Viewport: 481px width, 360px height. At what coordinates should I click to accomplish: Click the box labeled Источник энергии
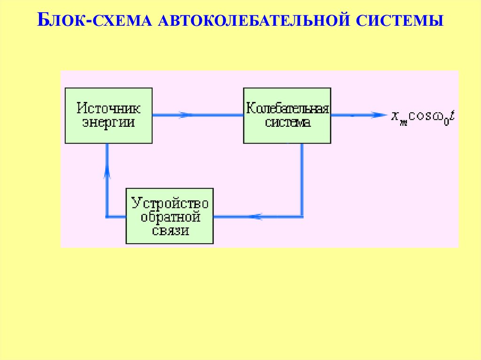109,115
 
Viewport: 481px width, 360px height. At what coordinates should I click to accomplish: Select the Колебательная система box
287,115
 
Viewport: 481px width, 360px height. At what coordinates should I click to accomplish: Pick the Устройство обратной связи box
170,215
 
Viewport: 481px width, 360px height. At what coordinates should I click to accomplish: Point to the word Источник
109,108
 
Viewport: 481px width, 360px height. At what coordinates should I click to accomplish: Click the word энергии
109,123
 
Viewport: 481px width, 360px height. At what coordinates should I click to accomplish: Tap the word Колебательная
287,109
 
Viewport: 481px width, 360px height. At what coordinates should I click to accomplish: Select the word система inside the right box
287,123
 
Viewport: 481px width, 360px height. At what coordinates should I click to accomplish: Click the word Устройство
170,204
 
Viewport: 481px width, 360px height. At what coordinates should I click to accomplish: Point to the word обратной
170,217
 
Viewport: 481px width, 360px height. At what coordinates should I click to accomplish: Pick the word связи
170,230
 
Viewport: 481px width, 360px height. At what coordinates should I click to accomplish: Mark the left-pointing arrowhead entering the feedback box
256,217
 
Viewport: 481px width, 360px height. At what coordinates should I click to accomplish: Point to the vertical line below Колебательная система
302,178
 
